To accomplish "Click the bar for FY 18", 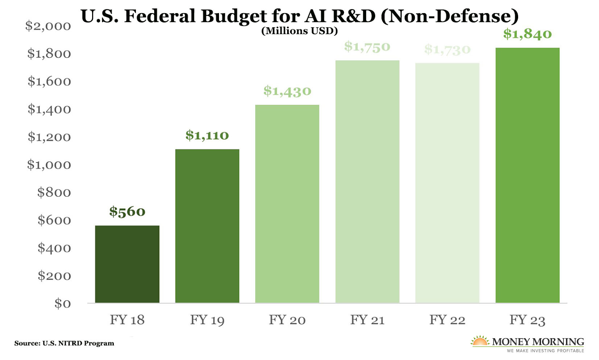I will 127,264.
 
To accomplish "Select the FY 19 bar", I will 207,226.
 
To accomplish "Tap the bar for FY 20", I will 287,204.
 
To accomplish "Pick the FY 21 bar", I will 367,181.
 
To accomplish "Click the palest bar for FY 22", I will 447,183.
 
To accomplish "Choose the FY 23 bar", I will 527,175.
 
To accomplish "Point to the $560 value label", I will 127,211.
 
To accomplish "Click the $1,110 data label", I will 207,135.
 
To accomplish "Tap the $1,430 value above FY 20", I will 287,91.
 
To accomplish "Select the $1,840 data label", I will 527,34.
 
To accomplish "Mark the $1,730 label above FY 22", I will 447,49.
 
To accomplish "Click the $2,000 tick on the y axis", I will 48,26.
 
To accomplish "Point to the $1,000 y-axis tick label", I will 49,165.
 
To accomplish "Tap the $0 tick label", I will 62,303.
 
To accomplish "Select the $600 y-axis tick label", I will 54,220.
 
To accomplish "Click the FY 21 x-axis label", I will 367,320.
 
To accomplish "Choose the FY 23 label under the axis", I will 527,320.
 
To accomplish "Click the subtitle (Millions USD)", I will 299,31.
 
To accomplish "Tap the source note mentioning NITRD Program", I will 64,343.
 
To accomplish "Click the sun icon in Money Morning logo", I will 480,341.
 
